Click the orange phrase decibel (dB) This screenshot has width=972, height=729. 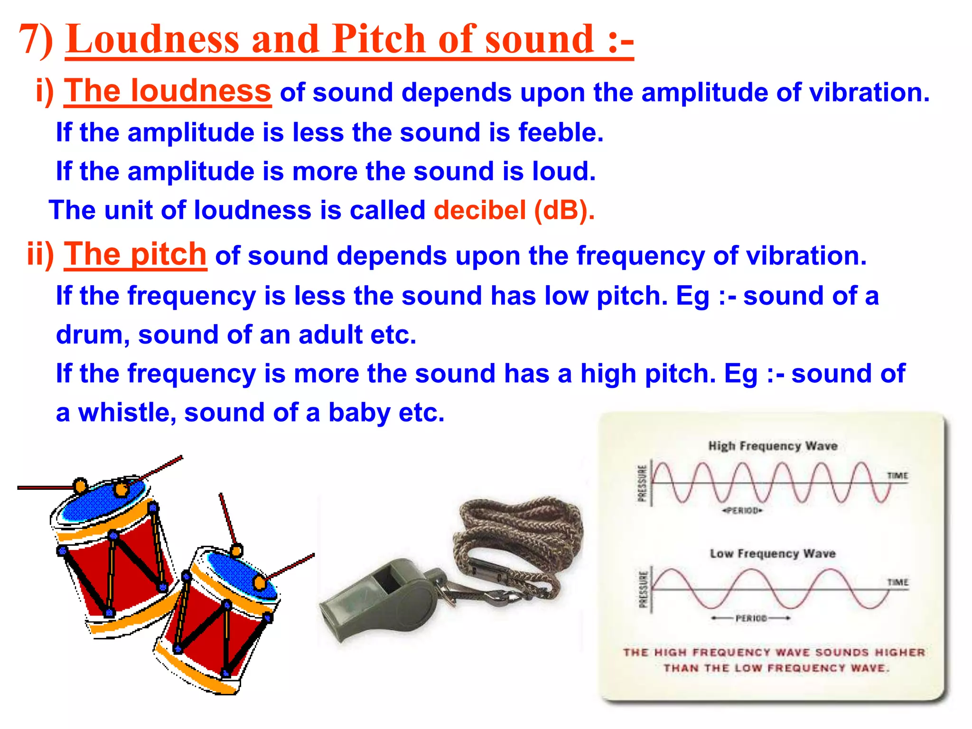514,210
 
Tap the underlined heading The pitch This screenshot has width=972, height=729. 135,254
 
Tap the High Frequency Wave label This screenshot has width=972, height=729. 773,446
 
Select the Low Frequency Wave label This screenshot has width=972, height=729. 773,554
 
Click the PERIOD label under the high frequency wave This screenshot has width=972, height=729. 742,511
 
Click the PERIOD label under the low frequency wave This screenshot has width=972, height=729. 751,618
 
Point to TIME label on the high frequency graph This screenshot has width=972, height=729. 897,476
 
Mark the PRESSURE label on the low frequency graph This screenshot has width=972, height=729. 643,589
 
